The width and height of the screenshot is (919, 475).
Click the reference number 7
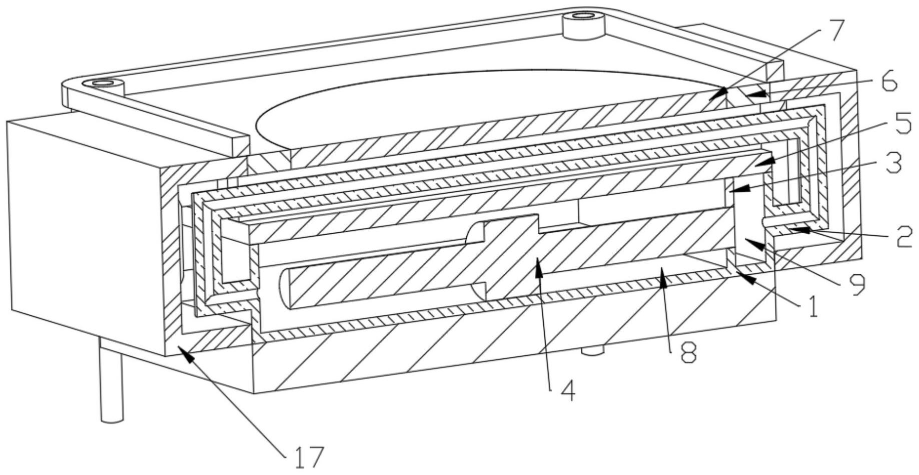click(832, 33)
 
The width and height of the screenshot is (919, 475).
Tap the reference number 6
click(889, 82)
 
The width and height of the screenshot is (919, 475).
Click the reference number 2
click(904, 239)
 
